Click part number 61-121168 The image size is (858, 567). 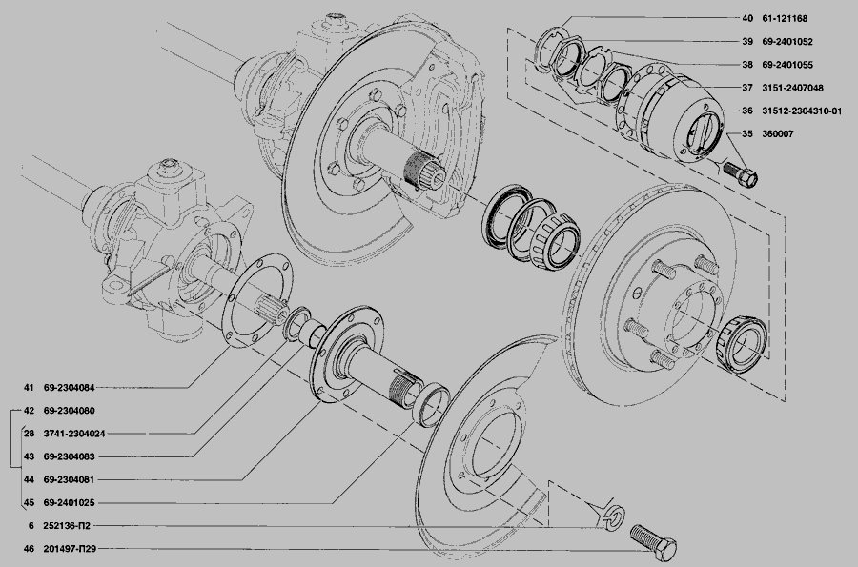(x=785, y=18)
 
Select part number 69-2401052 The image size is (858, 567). (x=787, y=41)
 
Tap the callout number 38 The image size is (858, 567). (x=747, y=65)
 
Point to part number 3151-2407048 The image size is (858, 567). (x=792, y=88)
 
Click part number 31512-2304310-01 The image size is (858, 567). (x=802, y=111)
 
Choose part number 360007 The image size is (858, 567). (x=778, y=133)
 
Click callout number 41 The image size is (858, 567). (x=29, y=388)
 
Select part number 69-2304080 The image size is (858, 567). (x=69, y=411)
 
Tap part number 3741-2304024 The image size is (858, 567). (x=73, y=434)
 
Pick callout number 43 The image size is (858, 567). (x=29, y=456)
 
